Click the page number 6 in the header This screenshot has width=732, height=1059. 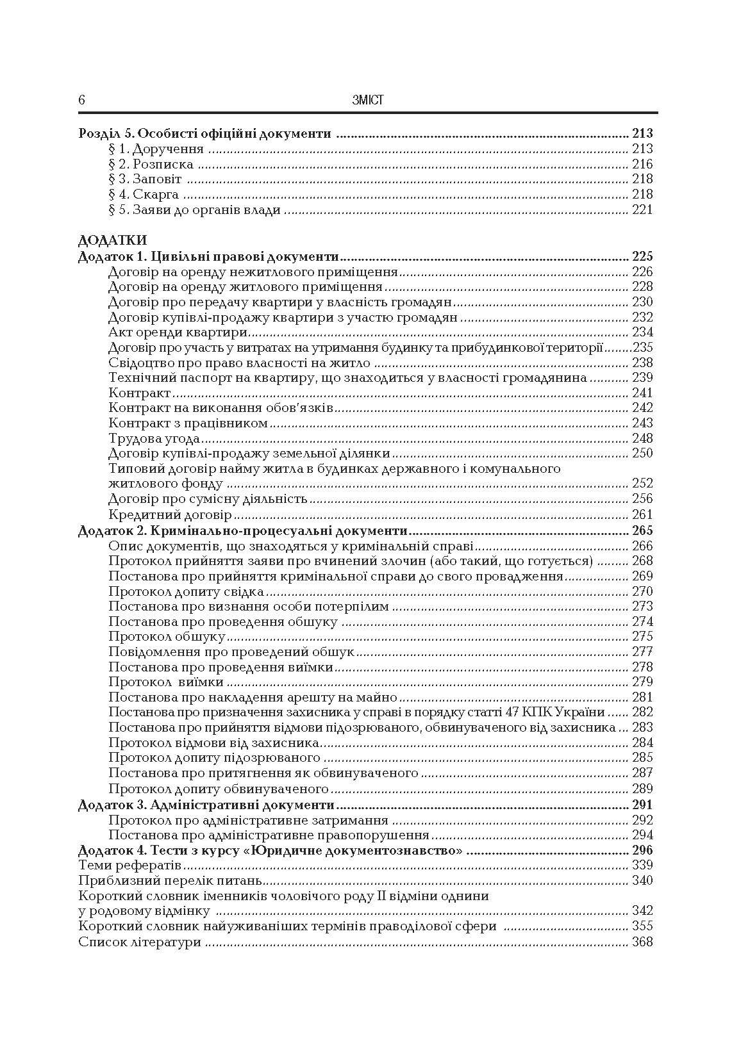pos(81,100)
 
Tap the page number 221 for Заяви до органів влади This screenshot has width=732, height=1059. pos(642,209)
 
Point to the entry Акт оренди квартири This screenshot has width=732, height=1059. pos(178,332)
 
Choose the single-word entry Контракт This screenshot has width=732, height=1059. pos(139,393)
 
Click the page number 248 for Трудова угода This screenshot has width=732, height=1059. pos(642,438)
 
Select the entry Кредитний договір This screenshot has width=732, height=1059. pos(170,514)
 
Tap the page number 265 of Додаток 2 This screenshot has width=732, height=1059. pos(642,530)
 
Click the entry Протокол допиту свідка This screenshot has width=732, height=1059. pos(186,591)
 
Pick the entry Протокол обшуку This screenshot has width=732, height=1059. pos(167,637)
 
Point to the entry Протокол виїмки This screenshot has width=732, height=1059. pos(166,682)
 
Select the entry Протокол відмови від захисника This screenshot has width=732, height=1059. pos(214,743)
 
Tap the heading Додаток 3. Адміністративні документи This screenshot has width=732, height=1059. pos(206,805)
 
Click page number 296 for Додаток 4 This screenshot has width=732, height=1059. pos(642,851)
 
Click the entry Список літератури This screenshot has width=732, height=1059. pos(140,942)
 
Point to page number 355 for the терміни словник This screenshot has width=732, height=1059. pos(642,926)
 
